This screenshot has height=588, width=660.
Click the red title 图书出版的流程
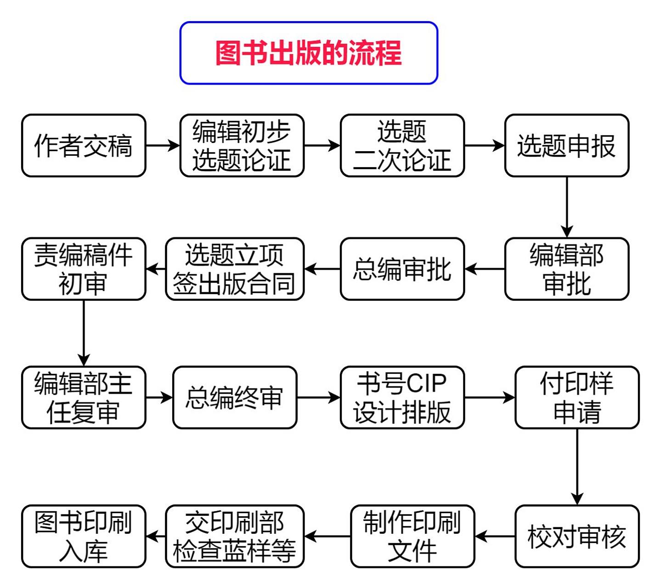(x=308, y=53)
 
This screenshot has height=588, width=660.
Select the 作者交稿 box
(x=84, y=146)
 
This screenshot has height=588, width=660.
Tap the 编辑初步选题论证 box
(x=242, y=146)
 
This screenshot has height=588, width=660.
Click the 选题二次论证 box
(x=402, y=146)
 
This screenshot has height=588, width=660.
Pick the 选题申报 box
(x=566, y=146)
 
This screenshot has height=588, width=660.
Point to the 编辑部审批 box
(x=566, y=269)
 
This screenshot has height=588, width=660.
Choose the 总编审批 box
(x=402, y=269)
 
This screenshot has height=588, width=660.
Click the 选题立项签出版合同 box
(x=234, y=269)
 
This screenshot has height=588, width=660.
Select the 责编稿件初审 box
(x=84, y=269)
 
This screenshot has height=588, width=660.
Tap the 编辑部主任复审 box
(x=84, y=398)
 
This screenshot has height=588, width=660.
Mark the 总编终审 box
(x=234, y=398)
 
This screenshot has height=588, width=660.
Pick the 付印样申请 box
(x=576, y=398)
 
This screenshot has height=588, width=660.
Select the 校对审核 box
(x=576, y=537)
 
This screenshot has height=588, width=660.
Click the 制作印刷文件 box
(x=412, y=537)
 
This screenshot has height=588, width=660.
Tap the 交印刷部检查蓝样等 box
(x=234, y=537)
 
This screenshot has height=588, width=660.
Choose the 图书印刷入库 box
(x=84, y=537)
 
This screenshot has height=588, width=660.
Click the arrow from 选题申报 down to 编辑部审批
(x=567, y=207)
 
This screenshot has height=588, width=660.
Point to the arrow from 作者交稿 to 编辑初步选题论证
(x=163, y=146)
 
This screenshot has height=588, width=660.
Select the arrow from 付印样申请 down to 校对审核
(x=577, y=466)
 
